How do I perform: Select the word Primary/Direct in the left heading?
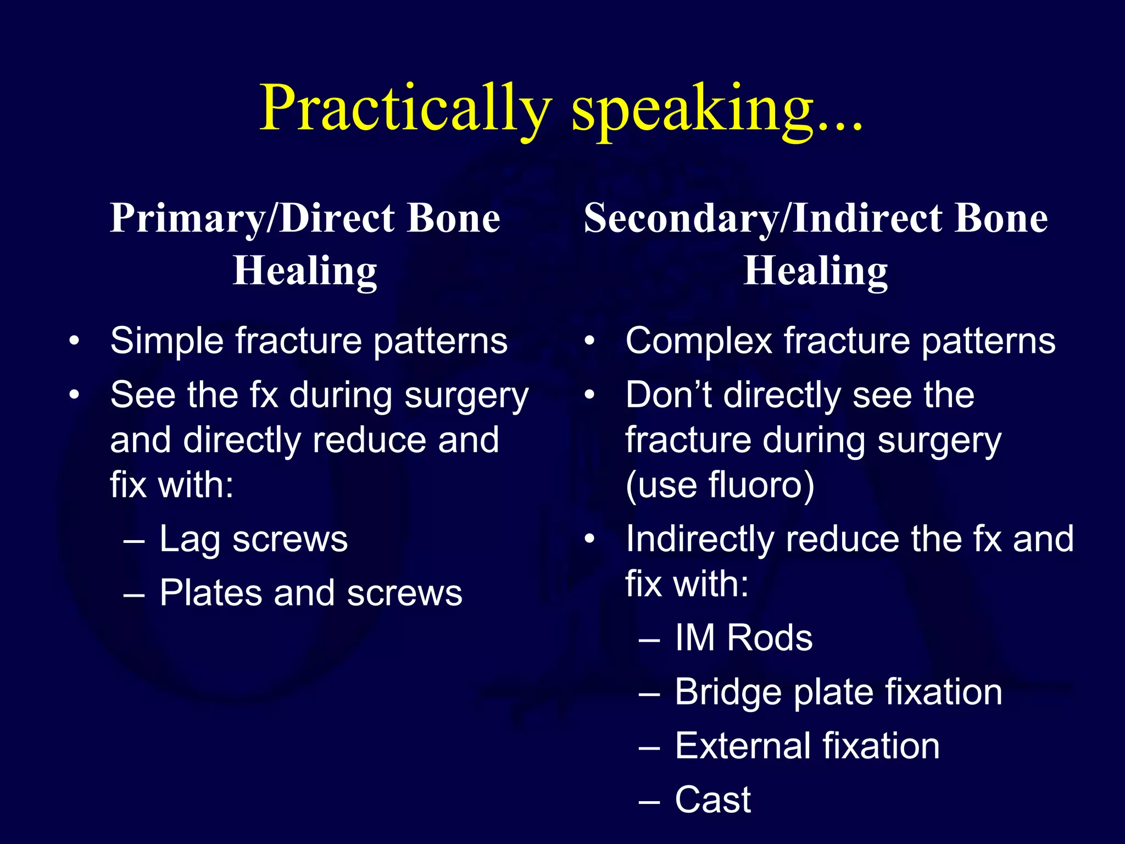pyautogui.click(x=250, y=219)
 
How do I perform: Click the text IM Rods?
pyautogui.click(x=743, y=638)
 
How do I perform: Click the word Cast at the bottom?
pyautogui.click(x=712, y=800)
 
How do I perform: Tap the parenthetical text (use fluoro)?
pyautogui.click(x=720, y=486)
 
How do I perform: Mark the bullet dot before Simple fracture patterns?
pyautogui.click(x=74, y=341)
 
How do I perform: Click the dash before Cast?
pyautogui.click(x=649, y=801)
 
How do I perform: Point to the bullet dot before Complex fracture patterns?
pyautogui.click(x=589, y=341)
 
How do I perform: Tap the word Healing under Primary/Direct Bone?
pyautogui.click(x=305, y=271)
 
